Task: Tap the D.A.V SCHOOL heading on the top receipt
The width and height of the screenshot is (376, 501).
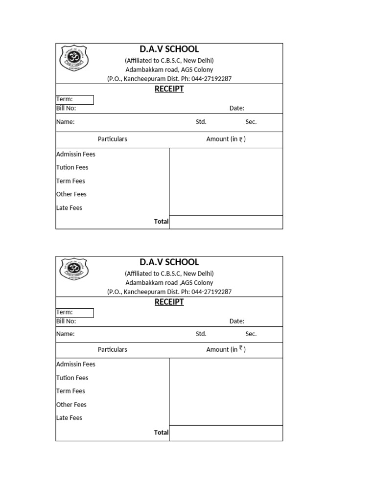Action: (169, 49)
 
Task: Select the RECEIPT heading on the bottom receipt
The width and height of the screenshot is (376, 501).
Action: (169, 302)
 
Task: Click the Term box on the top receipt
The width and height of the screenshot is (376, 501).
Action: (74, 100)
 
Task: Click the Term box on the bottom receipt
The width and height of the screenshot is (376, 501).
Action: (74, 313)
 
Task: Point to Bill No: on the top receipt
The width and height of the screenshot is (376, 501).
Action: (66, 108)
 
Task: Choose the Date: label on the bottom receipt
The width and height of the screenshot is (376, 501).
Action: (236, 321)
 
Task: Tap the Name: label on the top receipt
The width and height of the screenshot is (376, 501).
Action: (65, 122)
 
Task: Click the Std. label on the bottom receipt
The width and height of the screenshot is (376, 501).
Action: (201, 334)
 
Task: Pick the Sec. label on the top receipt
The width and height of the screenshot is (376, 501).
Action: (251, 122)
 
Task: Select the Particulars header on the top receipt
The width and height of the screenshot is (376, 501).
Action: (112, 139)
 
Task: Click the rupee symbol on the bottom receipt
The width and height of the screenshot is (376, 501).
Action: (241, 349)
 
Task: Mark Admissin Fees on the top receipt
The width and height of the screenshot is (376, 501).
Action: (76, 154)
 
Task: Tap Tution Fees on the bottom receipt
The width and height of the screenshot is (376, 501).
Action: (72, 378)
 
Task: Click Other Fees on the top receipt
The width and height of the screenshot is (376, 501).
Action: (71, 194)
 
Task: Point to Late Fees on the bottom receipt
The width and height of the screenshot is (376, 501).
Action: (69, 418)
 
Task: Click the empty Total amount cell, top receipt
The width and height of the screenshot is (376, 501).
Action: (226, 222)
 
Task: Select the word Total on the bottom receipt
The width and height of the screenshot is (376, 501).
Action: (161, 433)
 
